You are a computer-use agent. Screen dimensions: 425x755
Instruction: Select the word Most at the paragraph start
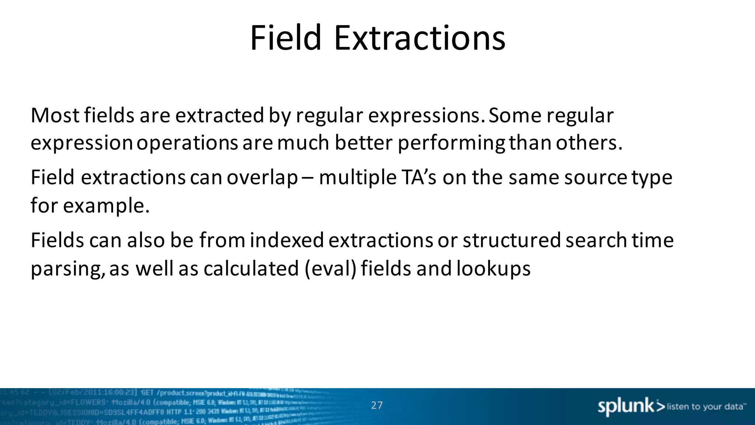coord(55,115)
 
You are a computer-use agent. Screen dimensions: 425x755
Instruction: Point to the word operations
coord(187,143)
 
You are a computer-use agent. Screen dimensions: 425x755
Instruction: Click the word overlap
coord(262,178)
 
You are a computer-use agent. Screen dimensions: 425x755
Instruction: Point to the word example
coord(106,206)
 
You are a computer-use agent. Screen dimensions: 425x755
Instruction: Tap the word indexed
coord(287,241)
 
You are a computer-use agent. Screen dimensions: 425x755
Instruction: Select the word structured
coord(512,241)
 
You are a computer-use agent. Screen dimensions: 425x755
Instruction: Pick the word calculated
coord(251,268)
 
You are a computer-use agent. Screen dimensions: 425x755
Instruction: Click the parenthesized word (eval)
coord(331,268)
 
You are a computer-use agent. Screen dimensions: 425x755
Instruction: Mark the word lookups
coord(493,269)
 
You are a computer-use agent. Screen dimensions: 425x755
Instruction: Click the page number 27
coord(377,405)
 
